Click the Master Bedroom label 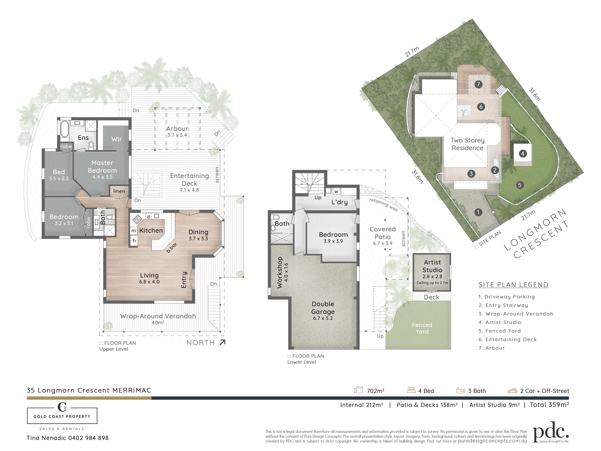(x=102, y=167)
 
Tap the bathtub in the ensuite (x=64, y=129)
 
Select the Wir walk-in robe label (x=117, y=139)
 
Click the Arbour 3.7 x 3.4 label (x=177, y=131)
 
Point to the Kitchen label (x=151, y=230)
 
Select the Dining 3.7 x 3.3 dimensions (x=198, y=238)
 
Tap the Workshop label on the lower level (x=280, y=272)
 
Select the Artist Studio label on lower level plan (x=432, y=266)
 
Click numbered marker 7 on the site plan (x=479, y=84)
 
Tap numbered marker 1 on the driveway (x=478, y=212)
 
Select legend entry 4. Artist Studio (x=500, y=322)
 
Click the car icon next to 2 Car (x=513, y=391)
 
